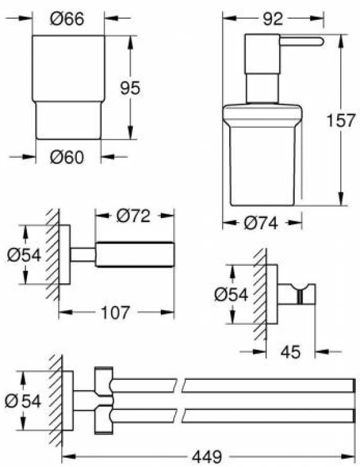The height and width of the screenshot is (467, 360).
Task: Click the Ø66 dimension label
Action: (x=67, y=20)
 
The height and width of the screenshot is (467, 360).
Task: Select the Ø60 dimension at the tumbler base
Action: (x=67, y=157)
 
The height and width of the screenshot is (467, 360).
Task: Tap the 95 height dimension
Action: (x=130, y=88)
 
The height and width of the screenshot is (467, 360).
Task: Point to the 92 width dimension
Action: (x=272, y=19)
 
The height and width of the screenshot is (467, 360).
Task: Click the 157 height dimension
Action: (x=341, y=120)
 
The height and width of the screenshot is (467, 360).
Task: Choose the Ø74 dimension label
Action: (x=261, y=223)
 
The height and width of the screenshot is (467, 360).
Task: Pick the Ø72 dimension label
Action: (x=133, y=215)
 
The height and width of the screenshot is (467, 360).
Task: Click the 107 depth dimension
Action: (x=116, y=312)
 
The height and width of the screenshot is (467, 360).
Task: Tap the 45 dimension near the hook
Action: (x=290, y=352)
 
